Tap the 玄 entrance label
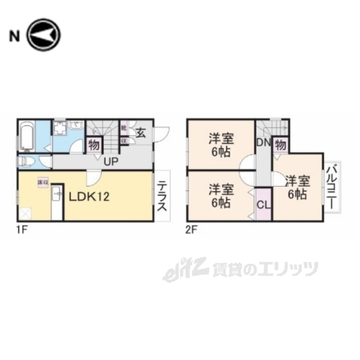[x=141, y=134]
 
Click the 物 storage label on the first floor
[x=94, y=145]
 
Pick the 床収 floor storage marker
[x=43, y=182]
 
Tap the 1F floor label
[x=19, y=230]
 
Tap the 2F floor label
[x=192, y=230]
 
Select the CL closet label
[x=263, y=204]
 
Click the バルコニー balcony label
[x=331, y=188]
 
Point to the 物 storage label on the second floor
[x=280, y=144]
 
